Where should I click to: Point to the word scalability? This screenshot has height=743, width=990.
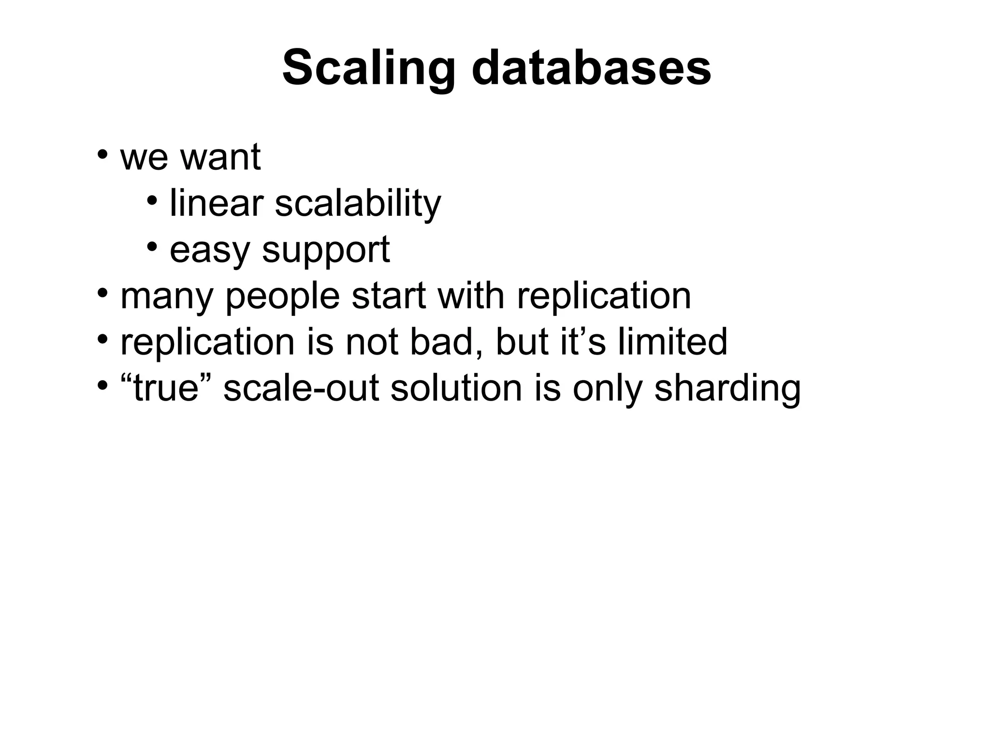pos(358,204)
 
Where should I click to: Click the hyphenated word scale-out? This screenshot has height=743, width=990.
pos(301,388)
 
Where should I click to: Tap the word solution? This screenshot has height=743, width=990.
pos(456,388)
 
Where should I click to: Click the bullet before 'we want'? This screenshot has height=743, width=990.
pos(102,155)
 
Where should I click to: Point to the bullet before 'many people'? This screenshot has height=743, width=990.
pos(102,294)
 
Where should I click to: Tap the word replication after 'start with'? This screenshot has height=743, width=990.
pos(604,297)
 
